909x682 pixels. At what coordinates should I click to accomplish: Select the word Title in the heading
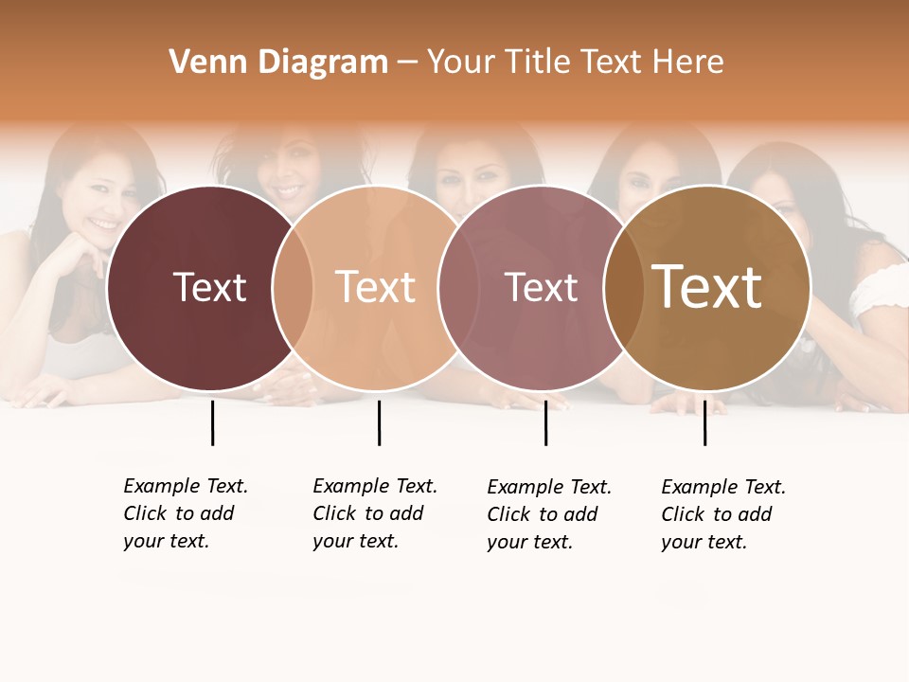point(537,63)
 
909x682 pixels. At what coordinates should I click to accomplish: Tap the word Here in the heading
point(689,63)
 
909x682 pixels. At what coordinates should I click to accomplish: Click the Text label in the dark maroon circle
point(209,287)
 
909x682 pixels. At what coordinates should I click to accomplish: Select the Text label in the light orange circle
point(376,287)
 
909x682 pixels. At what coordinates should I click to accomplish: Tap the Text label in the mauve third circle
point(541,287)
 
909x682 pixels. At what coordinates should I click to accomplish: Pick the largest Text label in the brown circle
point(707,287)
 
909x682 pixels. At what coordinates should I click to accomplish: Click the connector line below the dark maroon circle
point(212,422)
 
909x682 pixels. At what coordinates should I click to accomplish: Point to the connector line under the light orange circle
point(379,422)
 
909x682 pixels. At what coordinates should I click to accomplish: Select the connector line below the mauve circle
point(545,422)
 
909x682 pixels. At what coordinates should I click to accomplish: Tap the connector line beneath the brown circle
point(704,422)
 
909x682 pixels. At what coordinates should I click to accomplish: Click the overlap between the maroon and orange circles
point(293,288)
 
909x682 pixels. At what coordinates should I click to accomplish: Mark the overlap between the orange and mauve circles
point(458,288)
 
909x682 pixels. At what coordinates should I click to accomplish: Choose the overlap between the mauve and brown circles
point(624,288)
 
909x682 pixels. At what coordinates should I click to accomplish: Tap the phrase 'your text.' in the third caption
point(529,542)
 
